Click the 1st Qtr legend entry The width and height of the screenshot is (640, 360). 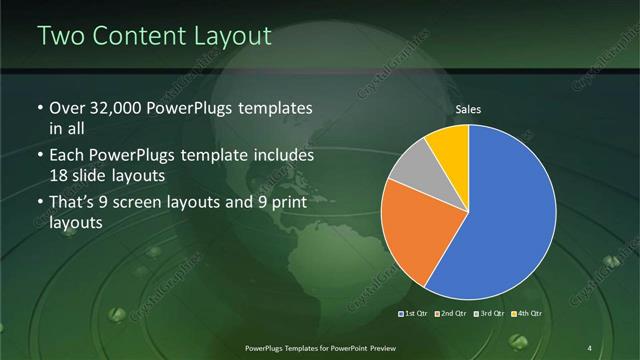[x=415, y=314]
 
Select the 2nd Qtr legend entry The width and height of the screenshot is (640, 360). [x=452, y=314]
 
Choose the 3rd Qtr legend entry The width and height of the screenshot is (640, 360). [x=489, y=314]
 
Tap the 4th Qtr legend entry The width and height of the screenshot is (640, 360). [x=526, y=314]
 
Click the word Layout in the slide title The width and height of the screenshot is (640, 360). [x=230, y=36]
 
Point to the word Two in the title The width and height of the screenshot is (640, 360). [x=61, y=36]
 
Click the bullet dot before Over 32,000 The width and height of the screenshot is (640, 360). [x=39, y=108]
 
